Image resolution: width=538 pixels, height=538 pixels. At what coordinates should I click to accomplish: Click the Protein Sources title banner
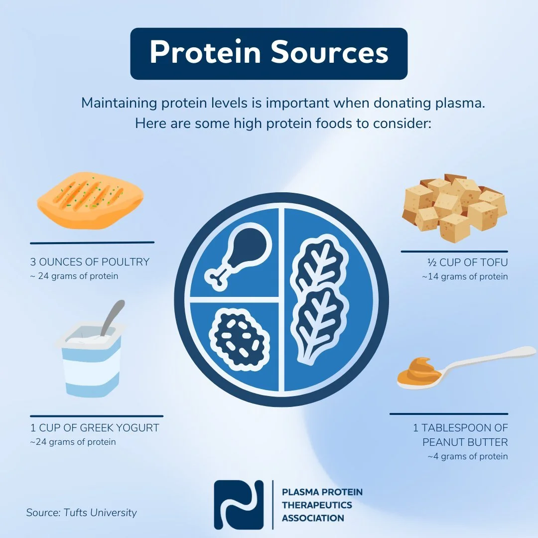(x=269, y=53)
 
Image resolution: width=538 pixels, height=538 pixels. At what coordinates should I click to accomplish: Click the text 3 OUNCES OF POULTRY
(x=90, y=262)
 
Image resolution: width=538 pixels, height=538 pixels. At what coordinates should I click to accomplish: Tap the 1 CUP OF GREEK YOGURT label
(x=95, y=428)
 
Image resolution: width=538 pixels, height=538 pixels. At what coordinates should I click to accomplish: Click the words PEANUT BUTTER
(x=465, y=442)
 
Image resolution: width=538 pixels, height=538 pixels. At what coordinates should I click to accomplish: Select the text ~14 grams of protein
(x=464, y=276)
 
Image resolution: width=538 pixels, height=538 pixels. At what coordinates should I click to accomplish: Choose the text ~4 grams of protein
(x=467, y=456)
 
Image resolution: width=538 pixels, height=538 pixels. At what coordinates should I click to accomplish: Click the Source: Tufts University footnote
(x=81, y=513)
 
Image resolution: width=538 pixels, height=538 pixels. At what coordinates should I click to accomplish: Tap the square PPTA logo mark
(x=239, y=505)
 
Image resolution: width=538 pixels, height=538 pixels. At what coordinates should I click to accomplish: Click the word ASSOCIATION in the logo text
(x=313, y=518)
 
